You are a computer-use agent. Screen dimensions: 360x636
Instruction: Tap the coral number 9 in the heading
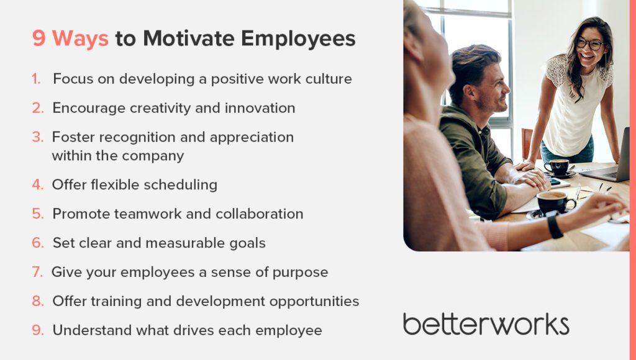pyautogui.click(x=39, y=38)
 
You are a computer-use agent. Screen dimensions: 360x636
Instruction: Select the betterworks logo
pyautogui.click(x=486, y=324)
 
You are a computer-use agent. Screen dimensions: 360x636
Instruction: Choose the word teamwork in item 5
pyautogui.click(x=124, y=214)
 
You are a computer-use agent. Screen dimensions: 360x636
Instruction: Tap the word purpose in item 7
pyautogui.click(x=299, y=272)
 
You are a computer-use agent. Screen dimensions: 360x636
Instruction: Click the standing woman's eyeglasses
pyautogui.click(x=589, y=44)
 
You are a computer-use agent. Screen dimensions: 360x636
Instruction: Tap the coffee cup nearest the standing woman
pyautogui.click(x=557, y=166)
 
